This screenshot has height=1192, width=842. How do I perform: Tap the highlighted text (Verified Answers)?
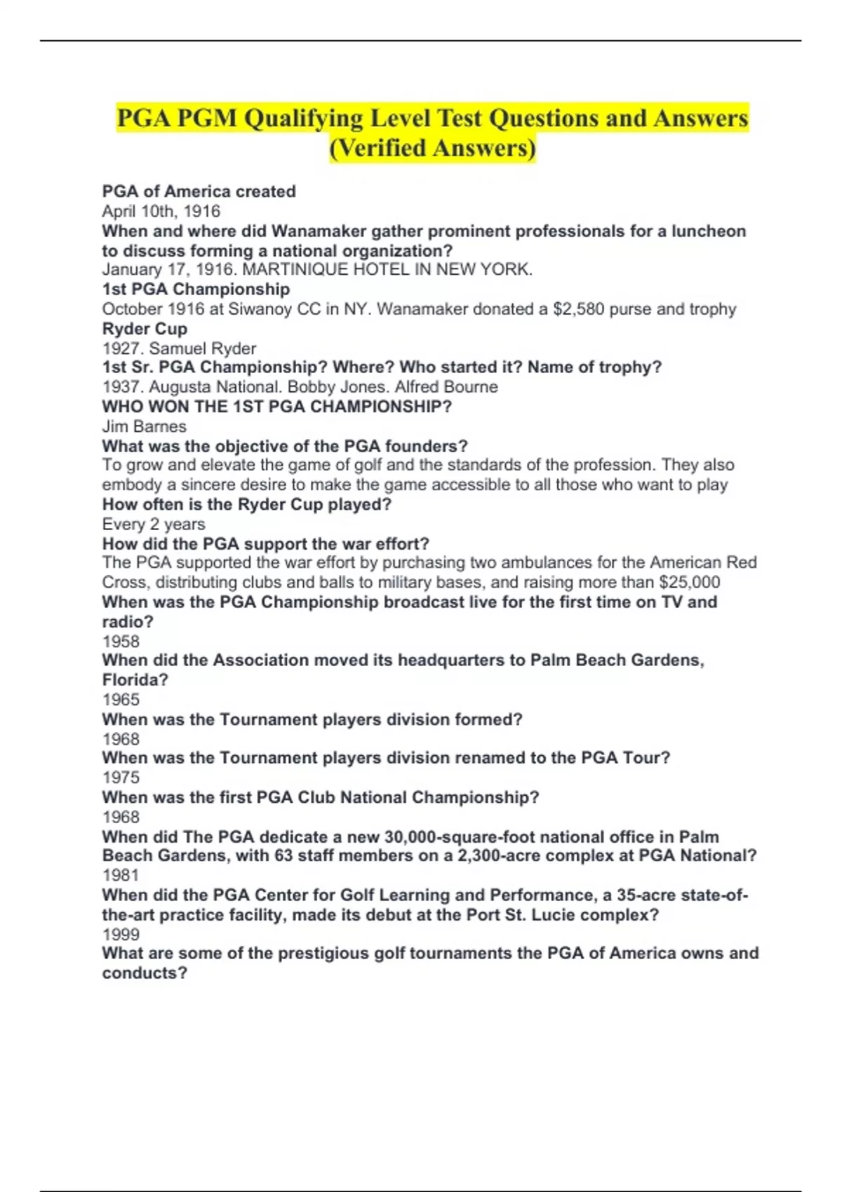tap(432, 148)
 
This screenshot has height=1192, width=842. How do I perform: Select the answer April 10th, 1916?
tap(161, 211)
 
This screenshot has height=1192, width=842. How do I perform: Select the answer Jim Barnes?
tap(145, 426)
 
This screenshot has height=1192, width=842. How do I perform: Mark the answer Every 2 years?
tap(154, 524)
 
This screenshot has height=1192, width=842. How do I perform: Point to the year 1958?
tap(121, 641)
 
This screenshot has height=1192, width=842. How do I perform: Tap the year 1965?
tap(121, 699)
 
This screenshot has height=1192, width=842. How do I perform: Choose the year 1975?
tap(121, 777)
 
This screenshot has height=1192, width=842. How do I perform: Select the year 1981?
tap(121, 875)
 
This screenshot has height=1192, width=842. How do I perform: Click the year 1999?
tap(121, 934)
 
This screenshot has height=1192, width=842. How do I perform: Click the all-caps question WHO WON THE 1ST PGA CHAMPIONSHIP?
tap(277, 407)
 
